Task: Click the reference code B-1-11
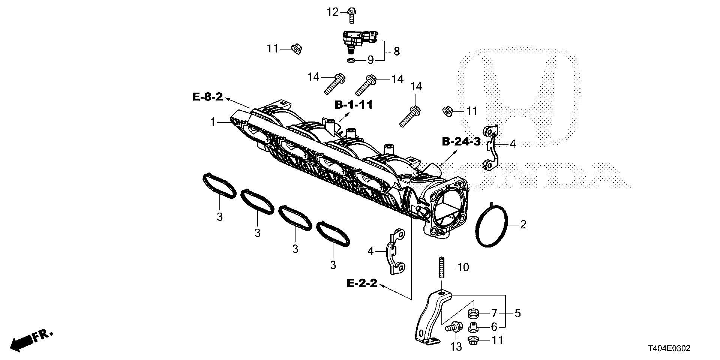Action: [x=354, y=105]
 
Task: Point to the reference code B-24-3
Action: [x=461, y=141]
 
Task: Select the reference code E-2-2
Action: [x=361, y=283]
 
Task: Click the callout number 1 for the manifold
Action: [x=213, y=122]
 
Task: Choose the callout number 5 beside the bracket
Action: [x=517, y=313]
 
